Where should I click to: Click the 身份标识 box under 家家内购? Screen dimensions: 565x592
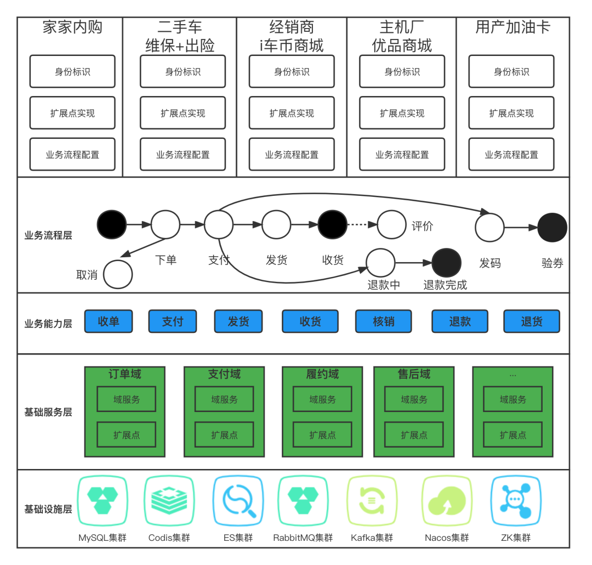coord(72,71)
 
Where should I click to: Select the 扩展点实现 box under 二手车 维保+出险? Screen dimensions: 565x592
coord(183,113)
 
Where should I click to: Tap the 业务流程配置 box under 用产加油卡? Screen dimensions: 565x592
coord(511,155)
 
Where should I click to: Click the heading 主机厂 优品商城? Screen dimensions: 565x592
coord(402,36)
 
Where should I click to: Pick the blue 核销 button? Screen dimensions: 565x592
coord(383,321)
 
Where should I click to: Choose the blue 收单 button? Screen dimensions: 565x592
coord(108,321)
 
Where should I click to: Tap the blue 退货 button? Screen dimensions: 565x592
coord(531,321)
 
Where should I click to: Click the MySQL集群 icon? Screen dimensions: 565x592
coord(103,501)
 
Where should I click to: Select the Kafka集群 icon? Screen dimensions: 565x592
coord(372,501)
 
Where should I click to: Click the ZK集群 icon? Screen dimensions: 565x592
coord(515,501)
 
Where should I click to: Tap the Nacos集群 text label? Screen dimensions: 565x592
coord(447,538)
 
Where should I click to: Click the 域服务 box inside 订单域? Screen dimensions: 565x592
coord(127,399)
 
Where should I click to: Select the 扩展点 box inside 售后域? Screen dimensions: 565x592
coord(414,435)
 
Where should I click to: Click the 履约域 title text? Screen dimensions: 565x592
coord(322,374)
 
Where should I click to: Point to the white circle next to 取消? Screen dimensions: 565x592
coord(118,274)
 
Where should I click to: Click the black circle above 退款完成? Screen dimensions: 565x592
coord(447,263)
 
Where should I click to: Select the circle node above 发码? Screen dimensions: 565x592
coord(489,228)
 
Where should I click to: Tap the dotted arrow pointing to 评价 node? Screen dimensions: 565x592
coord(362,224)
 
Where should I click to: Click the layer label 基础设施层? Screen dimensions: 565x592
coord(48,509)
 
